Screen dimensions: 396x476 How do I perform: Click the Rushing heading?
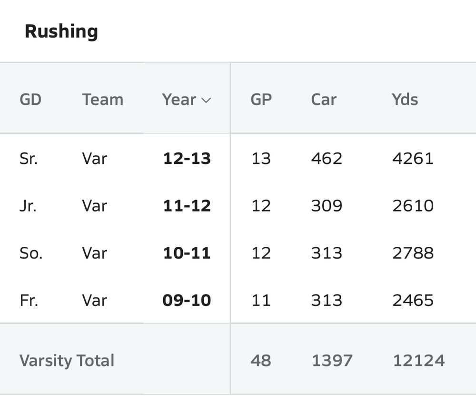(x=61, y=31)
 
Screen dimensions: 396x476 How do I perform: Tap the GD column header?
(x=30, y=100)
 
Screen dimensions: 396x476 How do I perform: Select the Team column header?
(x=102, y=100)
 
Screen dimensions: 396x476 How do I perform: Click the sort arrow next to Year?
(x=206, y=100)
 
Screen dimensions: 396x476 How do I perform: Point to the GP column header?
(x=261, y=100)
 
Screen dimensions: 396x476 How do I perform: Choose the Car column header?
(x=324, y=100)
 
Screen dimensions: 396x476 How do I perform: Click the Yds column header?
(x=405, y=100)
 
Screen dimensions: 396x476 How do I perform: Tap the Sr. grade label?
(x=29, y=158)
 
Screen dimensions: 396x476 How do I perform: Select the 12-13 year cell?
(x=187, y=158)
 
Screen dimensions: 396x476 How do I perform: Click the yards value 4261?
(x=413, y=158)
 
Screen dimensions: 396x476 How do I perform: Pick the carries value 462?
(x=327, y=158)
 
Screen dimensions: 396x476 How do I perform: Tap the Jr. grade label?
(x=28, y=205)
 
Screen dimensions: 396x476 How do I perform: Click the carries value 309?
(x=327, y=205)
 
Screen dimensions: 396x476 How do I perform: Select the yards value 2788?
(x=413, y=253)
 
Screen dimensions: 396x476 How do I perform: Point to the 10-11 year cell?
(x=187, y=253)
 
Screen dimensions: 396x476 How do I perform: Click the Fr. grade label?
(x=29, y=300)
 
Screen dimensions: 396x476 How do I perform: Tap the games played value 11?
(x=261, y=300)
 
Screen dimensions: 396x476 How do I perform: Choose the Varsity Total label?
(x=67, y=360)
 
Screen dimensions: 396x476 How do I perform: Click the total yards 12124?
(x=418, y=360)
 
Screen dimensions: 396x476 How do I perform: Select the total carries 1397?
(x=332, y=360)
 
